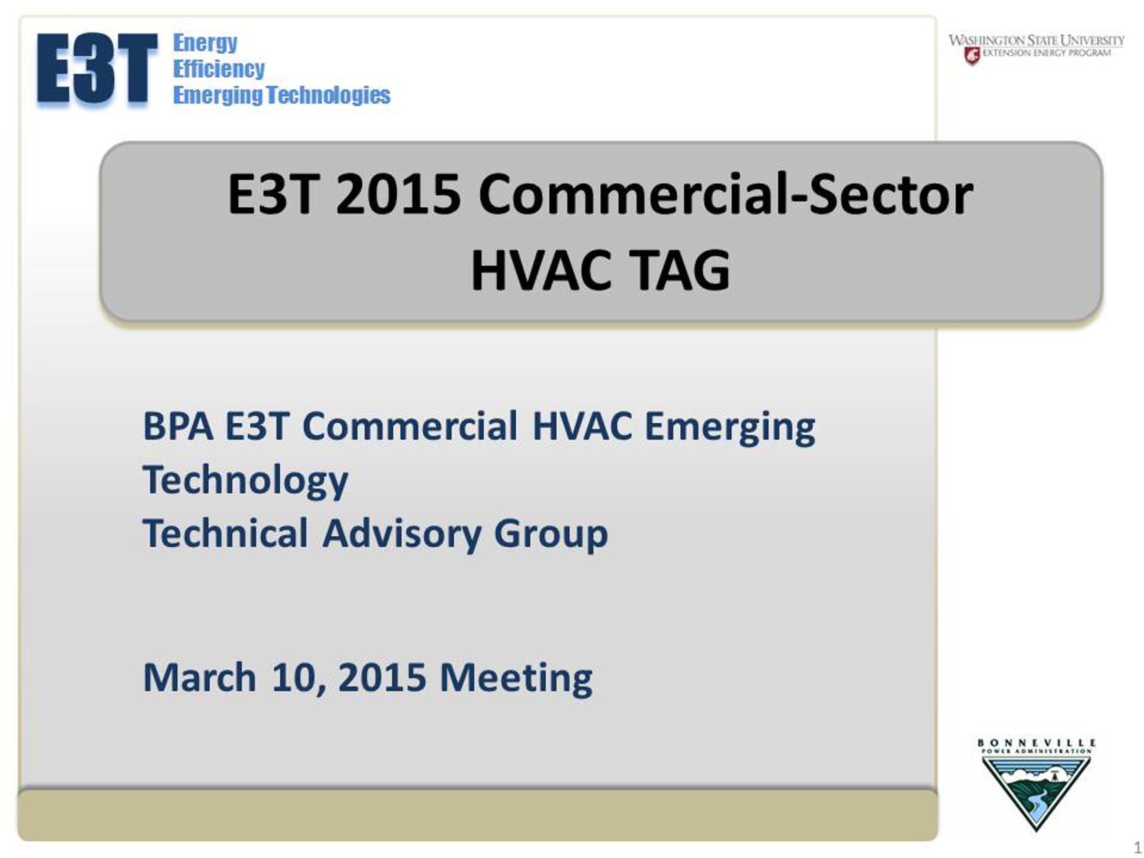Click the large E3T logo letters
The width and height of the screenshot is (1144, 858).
coord(97,68)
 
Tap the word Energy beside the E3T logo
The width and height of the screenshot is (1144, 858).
coord(205,43)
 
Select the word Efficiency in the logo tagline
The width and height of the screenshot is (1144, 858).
coord(219,68)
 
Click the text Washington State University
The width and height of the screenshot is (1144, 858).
coord(1036,41)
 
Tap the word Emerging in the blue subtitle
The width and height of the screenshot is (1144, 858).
coord(730,428)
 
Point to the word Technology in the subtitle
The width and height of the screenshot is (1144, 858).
coord(245,481)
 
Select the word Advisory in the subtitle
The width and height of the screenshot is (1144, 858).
coord(402,534)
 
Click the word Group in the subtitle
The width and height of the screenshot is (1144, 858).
coord(551,535)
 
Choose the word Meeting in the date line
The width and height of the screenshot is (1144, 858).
coord(516,679)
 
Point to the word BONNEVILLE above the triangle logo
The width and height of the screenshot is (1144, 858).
coord(1036,743)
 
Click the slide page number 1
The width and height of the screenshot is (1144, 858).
coord(1137,847)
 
